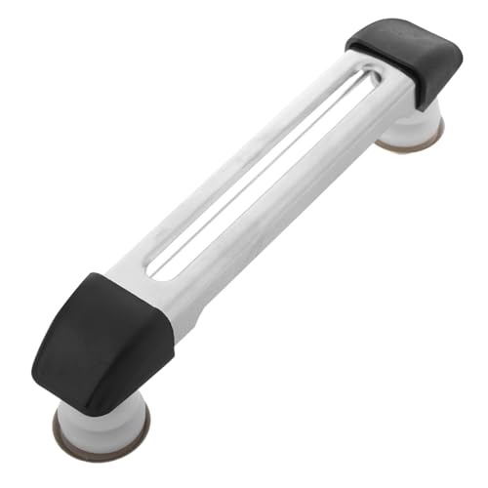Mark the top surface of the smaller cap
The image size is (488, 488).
pyautogui.click(x=400, y=39)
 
